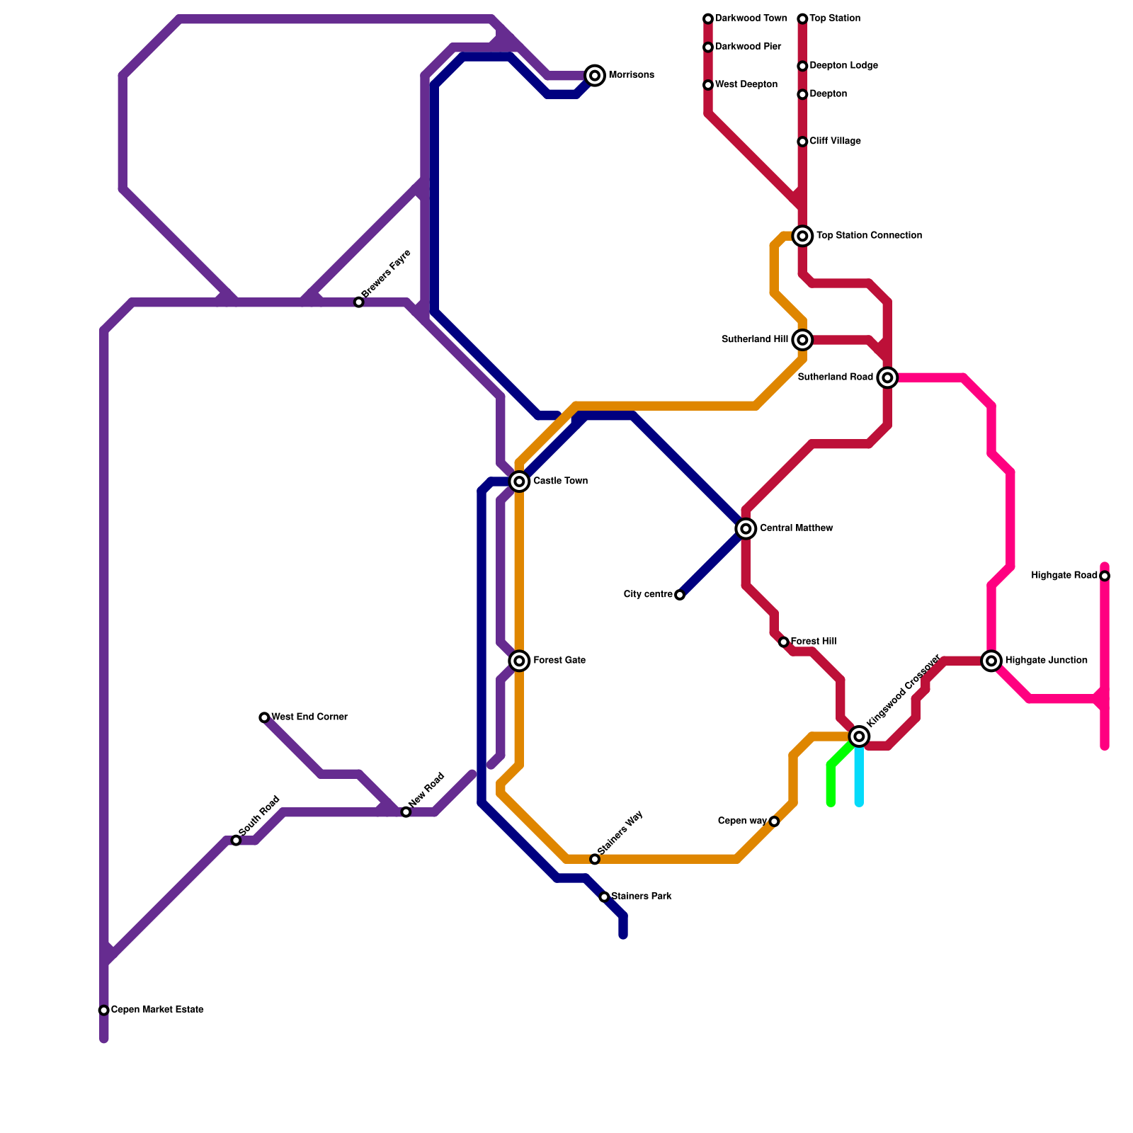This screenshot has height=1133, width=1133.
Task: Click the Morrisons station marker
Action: pyautogui.click(x=595, y=75)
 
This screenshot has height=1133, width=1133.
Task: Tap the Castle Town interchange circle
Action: pyautogui.click(x=520, y=482)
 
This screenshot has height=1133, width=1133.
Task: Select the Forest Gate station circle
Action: pyautogui.click(x=520, y=661)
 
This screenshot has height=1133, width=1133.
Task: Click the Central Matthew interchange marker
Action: pyautogui.click(x=746, y=528)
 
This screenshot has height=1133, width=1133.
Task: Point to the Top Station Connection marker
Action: pyautogui.click(x=802, y=236)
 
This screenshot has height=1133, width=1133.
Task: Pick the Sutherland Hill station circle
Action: pyautogui.click(x=802, y=340)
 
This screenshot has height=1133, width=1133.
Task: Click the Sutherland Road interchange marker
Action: pyautogui.click(x=887, y=377)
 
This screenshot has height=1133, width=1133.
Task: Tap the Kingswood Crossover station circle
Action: pyautogui.click(x=859, y=736)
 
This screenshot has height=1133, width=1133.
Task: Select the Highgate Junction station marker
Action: pyautogui.click(x=991, y=661)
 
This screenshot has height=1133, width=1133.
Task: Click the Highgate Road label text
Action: pyautogui.click(x=1064, y=576)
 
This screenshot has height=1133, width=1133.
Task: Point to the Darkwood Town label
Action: pyautogui.click(x=751, y=18)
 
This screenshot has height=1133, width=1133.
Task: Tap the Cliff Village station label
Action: pyautogui.click(x=835, y=142)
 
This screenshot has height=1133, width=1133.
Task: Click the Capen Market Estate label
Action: pyautogui.click(x=157, y=1010)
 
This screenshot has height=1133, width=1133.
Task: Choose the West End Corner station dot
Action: pyautogui.click(x=264, y=717)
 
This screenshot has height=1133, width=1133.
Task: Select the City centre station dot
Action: pyautogui.click(x=680, y=595)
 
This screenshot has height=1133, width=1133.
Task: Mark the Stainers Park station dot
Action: pyautogui.click(x=604, y=897)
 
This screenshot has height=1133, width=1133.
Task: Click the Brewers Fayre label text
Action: pyautogui.click(x=386, y=273)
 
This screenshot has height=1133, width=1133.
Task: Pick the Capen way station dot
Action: pyautogui.click(x=774, y=821)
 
